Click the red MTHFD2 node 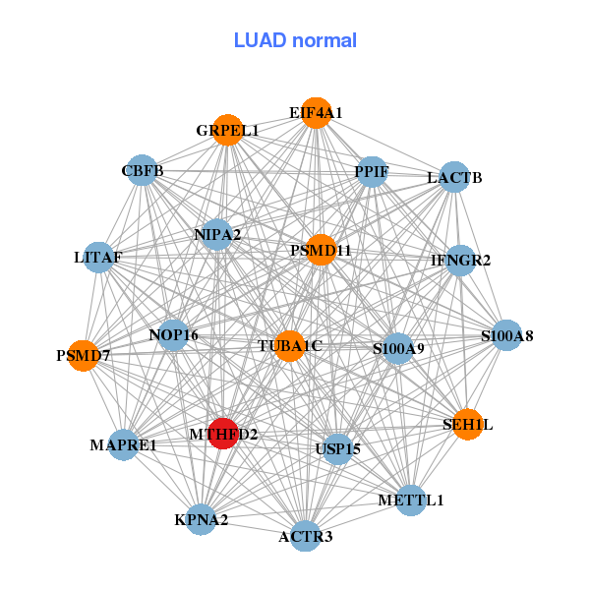pyautogui.click(x=224, y=434)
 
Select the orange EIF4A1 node pyautogui.click(x=316, y=113)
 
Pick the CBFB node pyautogui.click(x=144, y=170)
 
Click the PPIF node pyautogui.click(x=372, y=171)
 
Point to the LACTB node pyautogui.click(x=454, y=177)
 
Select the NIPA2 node pyautogui.click(x=217, y=234)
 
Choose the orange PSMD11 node pyautogui.click(x=321, y=250)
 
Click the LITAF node pyautogui.click(x=98, y=257)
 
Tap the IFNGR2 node pyautogui.click(x=460, y=260)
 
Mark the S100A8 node pyautogui.click(x=506, y=335)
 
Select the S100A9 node pyautogui.click(x=397, y=348)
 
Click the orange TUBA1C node pyautogui.click(x=289, y=346)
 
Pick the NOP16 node pyautogui.click(x=174, y=335)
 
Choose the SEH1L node pyautogui.click(x=468, y=424)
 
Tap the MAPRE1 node pyautogui.click(x=124, y=445)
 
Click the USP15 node pyautogui.click(x=338, y=449)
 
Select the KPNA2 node pyautogui.click(x=202, y=519)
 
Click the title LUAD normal pyautogui.click(x=295, y=40)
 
